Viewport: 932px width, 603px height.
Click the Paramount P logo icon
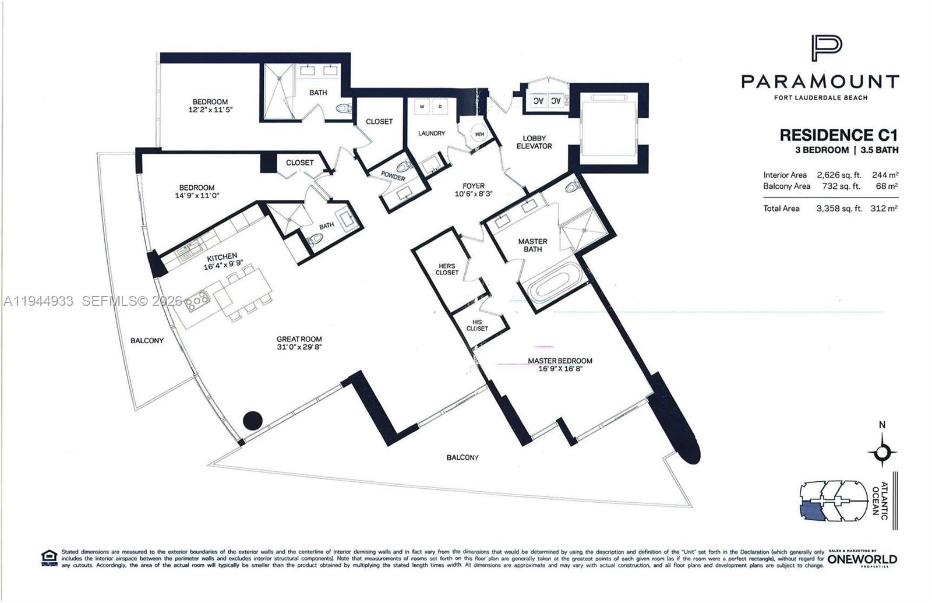click(x=826, y=48)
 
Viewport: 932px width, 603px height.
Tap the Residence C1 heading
click(x=838, y=135)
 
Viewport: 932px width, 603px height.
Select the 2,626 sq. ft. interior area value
click(x=839, y=175)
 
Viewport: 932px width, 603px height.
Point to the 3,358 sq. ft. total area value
click(x=839, y=209)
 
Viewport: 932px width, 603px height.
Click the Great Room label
click(x=299, y=339)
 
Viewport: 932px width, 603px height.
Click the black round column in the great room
click(x=252, y=420)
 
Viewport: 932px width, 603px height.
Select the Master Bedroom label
click(x=560, y=361)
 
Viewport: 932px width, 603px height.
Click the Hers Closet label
click(x=447, y=269)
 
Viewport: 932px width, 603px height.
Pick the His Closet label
click(x=477, y=325)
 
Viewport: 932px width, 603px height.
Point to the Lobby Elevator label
click(x=534, y=142)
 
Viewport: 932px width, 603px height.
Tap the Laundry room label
click(x=432, y=133)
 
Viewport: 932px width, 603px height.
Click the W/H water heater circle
click(x=479, y=135)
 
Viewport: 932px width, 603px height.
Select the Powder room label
click(x=393, y=177)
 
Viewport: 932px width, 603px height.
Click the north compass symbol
click(x=882, y=452)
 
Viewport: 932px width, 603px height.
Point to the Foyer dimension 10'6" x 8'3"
click(x=474, y=194)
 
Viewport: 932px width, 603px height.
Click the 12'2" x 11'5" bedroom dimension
click(x=210, y=110)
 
